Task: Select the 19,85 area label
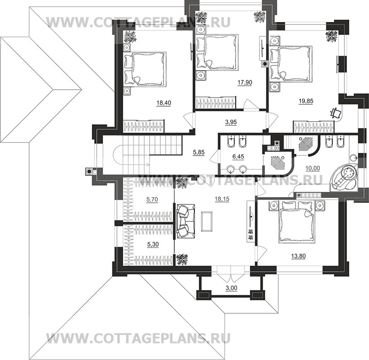pyautogui.click(x=305, y=101)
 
